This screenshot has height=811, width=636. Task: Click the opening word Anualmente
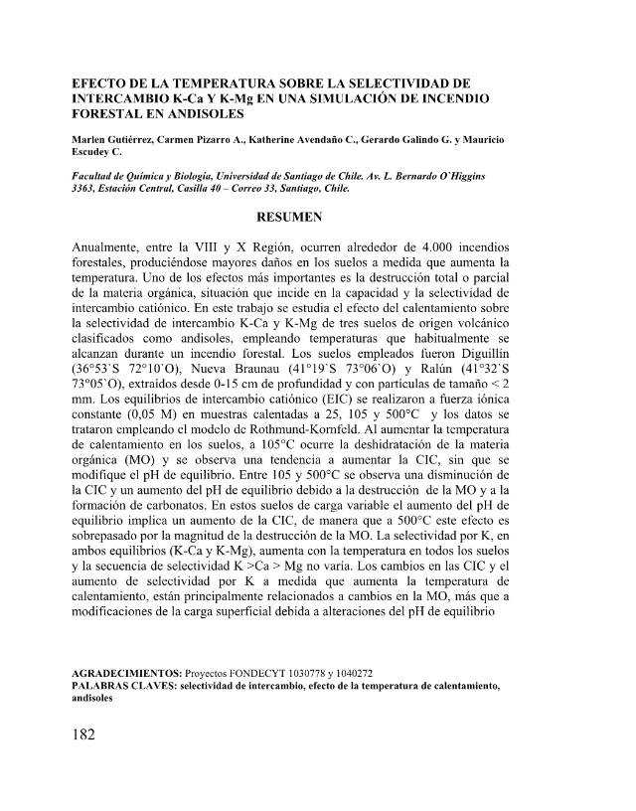tap(119, 245)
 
